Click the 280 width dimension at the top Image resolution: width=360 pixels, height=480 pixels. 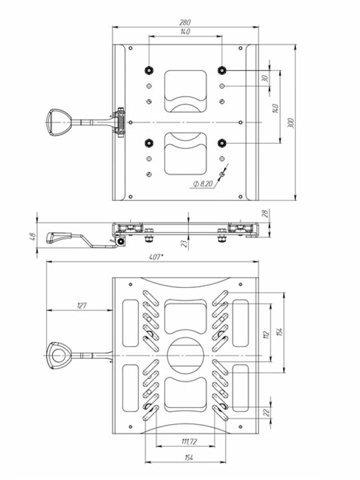[185, 22]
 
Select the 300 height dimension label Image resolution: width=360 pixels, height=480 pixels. [291, 123]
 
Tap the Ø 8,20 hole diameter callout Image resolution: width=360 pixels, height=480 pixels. [203, 183]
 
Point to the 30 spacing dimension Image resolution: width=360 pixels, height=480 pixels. [265, 78]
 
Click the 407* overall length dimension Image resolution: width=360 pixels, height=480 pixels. [156, 257]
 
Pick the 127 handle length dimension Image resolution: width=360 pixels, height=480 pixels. [82, 305]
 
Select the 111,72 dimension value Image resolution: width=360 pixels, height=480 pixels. [189, 441]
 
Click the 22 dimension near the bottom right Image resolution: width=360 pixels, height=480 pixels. [267, 413]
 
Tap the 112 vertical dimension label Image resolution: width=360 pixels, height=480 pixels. [266, 334]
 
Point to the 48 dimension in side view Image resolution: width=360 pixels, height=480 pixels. [33, 236]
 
